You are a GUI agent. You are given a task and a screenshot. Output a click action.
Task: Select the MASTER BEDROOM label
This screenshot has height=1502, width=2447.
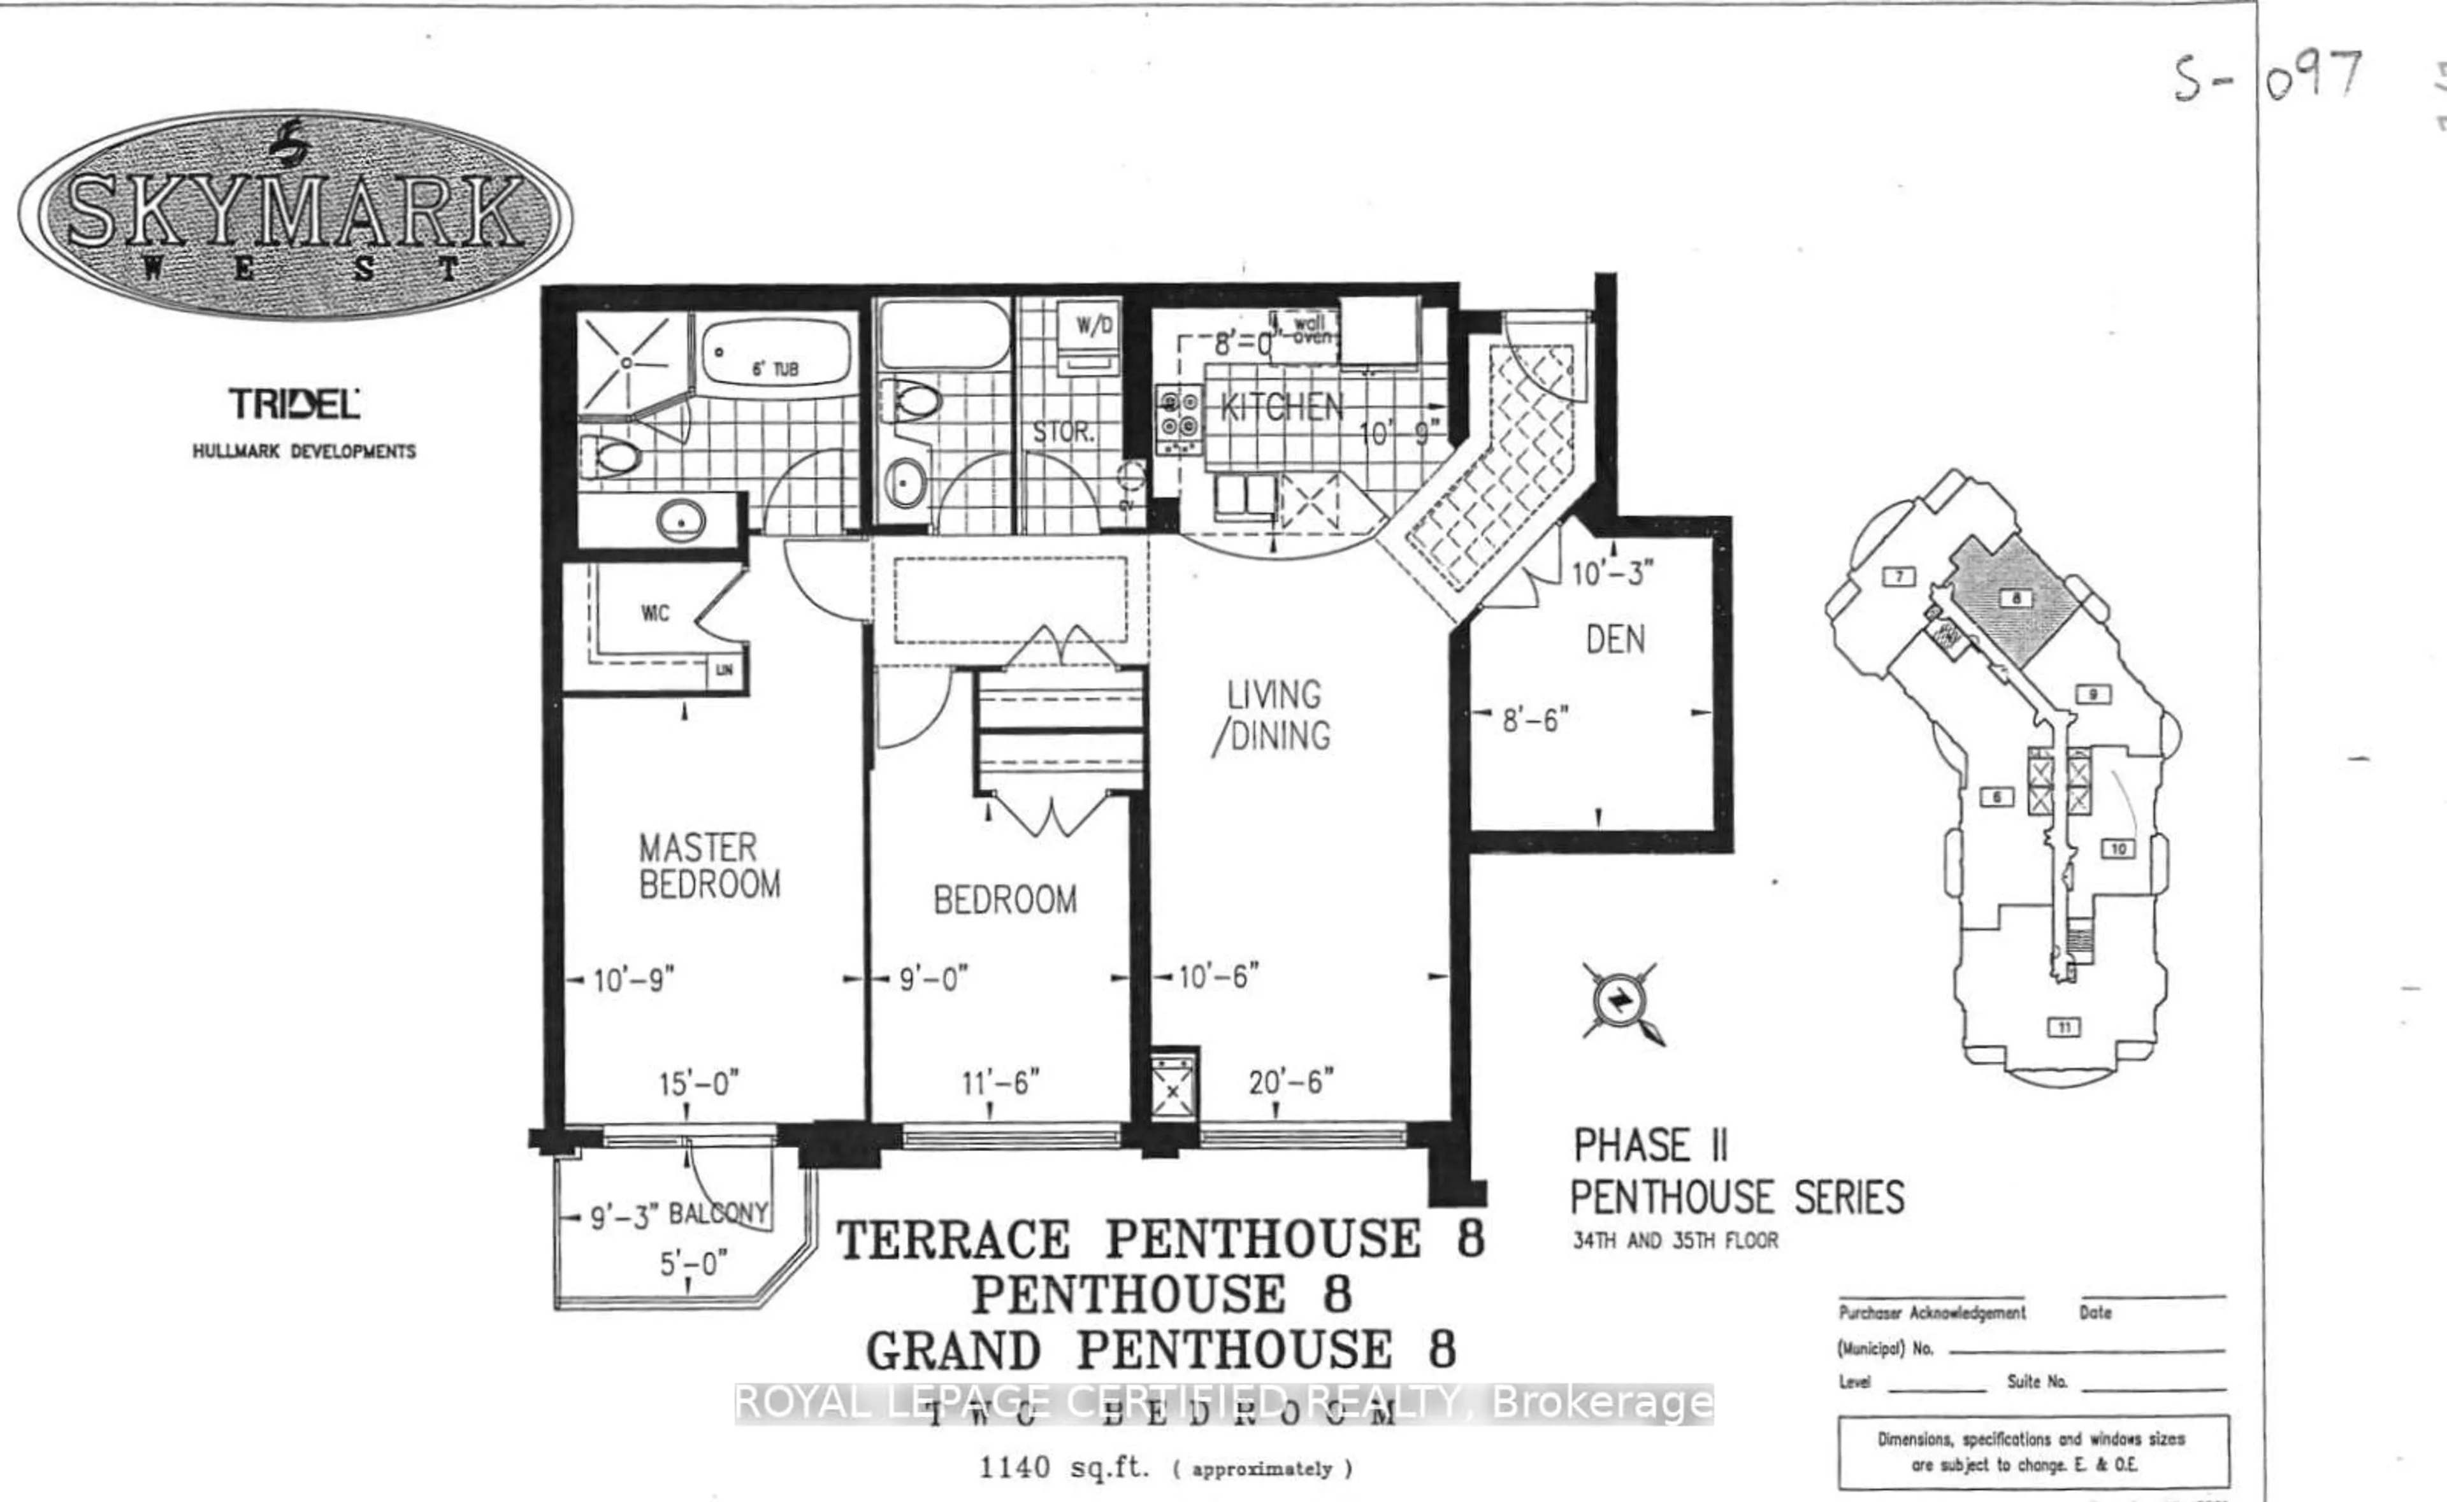point(709,866)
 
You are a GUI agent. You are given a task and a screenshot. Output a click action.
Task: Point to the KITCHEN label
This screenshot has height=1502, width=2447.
point(1281,407)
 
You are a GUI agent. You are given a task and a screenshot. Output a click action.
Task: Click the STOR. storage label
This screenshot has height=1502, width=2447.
point(1062,432)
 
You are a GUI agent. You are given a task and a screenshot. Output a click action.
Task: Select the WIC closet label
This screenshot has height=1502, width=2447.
point(654,613)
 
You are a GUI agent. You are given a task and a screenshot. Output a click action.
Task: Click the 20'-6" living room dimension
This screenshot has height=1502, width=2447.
point(1290,1082)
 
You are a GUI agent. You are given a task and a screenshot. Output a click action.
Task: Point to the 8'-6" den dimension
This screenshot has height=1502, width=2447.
point(1535,719)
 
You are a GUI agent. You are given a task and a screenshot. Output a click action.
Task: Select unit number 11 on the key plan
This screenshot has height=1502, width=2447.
point(2065,1027)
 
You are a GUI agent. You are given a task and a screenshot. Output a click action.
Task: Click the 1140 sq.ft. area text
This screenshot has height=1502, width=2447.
point(1063,1467)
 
